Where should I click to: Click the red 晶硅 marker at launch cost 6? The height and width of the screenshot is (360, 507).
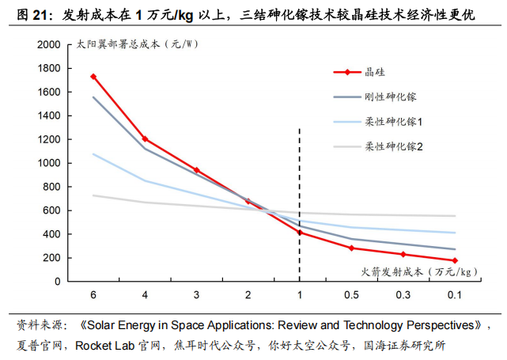93,77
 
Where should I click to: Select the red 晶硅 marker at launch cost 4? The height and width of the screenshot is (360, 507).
145,139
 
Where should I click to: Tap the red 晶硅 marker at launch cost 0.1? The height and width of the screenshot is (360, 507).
455,260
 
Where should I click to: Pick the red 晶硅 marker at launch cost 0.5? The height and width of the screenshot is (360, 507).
351,248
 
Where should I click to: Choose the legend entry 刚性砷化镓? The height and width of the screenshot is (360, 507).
390,97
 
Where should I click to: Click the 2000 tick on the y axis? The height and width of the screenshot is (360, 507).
49,45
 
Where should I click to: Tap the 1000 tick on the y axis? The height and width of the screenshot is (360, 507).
49,163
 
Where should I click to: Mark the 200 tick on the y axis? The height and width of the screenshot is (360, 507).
52,258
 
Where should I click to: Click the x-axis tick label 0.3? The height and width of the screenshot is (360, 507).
403,295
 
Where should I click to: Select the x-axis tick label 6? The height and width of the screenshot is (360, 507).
93,295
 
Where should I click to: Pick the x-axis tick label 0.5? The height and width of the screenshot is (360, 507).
351,295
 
